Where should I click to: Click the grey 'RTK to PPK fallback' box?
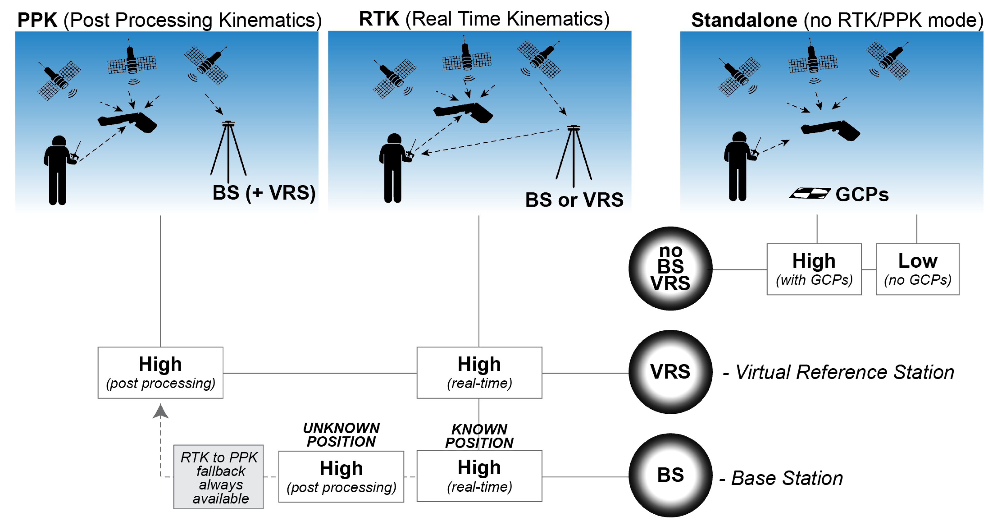(218, 477)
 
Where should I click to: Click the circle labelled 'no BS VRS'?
(670, 268)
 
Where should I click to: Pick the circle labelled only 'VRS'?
(670, 372)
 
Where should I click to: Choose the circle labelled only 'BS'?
(670, 475)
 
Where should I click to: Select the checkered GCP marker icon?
(809, 193)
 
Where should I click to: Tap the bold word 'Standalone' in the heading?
(744, 20)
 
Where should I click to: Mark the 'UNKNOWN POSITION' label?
(341, 435)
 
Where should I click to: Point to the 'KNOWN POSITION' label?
(479, 436)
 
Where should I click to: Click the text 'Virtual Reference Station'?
(844, 372)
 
